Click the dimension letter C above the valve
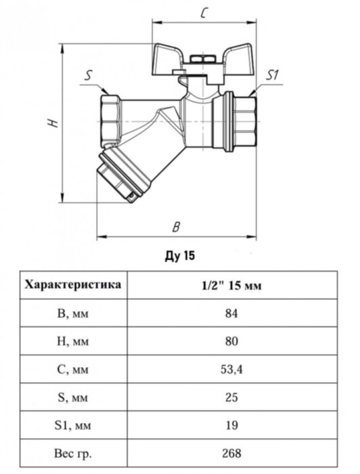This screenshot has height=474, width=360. coord(203,13)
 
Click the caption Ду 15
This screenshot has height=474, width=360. coord(179,257)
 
